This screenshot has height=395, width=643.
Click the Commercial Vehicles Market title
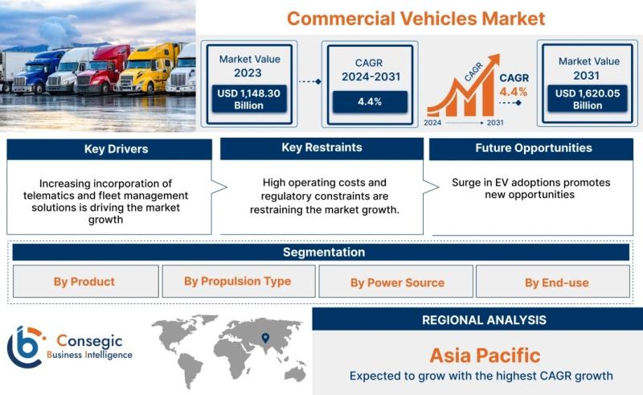416,19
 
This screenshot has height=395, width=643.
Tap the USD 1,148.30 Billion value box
249,99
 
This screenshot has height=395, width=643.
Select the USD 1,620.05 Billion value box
588,99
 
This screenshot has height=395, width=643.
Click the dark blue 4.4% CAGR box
370,102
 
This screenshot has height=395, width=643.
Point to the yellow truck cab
148,68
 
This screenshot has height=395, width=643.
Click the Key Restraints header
322,148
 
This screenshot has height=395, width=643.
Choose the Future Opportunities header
531,149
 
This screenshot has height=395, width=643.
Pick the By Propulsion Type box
239,282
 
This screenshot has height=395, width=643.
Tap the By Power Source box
396,282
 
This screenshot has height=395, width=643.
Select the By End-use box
553,282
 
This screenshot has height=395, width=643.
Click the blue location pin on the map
265,338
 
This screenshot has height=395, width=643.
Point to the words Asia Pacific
485,356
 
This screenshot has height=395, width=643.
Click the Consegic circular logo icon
25,347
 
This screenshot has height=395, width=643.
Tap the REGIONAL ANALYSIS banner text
484,320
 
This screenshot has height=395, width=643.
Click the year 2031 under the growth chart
495,123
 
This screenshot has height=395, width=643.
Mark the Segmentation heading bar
321,252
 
